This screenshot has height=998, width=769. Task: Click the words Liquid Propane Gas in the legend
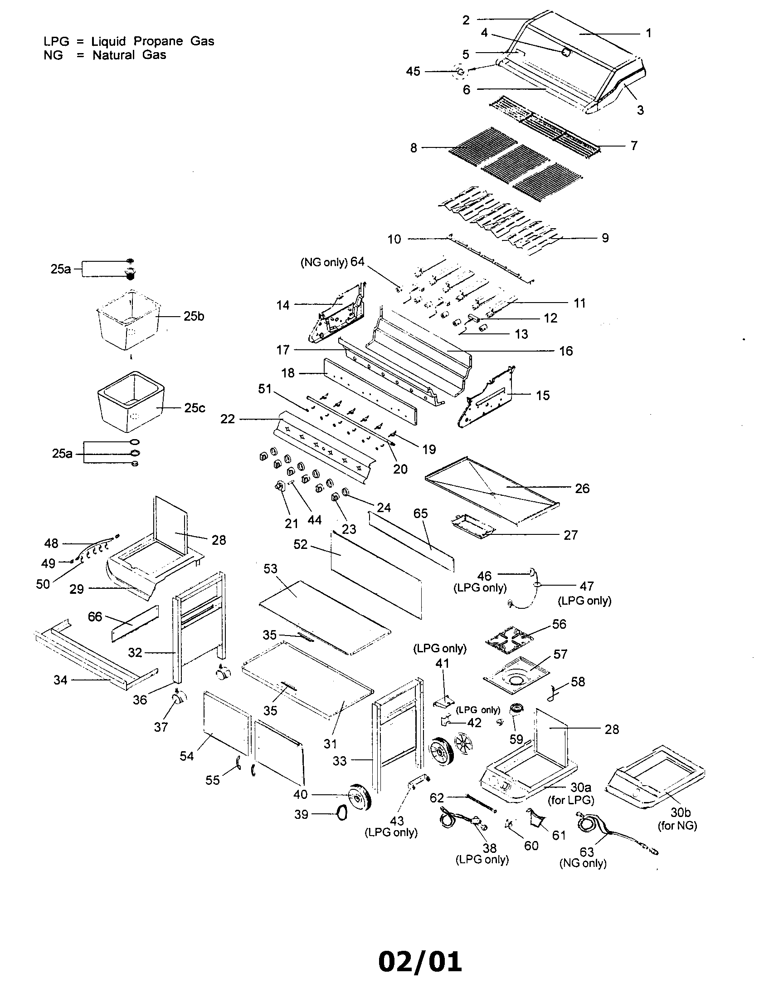click(152, 41)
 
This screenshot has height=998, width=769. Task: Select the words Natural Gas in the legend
click(129, 55)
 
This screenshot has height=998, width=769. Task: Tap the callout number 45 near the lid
click(413, 72)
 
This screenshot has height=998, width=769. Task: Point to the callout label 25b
click(194, 316)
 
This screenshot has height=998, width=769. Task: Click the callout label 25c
click(195, 408)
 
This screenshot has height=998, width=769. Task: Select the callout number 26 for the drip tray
click(582, 489)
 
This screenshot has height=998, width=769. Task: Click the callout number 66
click(95, 617)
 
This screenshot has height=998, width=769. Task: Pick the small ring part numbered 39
click(341, 814)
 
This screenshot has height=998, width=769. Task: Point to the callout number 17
click(282, 350)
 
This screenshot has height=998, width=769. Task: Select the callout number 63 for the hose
click(586, 852)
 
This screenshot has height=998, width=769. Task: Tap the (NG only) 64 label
click(332, 262)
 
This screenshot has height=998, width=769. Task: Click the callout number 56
click(559, 624)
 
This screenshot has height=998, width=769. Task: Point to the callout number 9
click(604, 238)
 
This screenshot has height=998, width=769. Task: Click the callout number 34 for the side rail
click(60, 680)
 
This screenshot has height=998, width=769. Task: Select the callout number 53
click(270, 569)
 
